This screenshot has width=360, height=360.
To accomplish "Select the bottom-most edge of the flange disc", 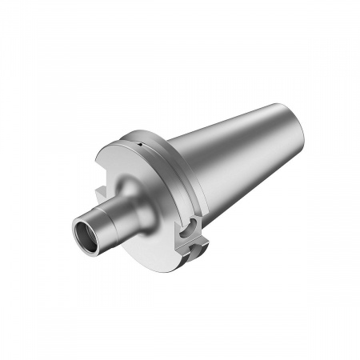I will [x=172, y=269].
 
